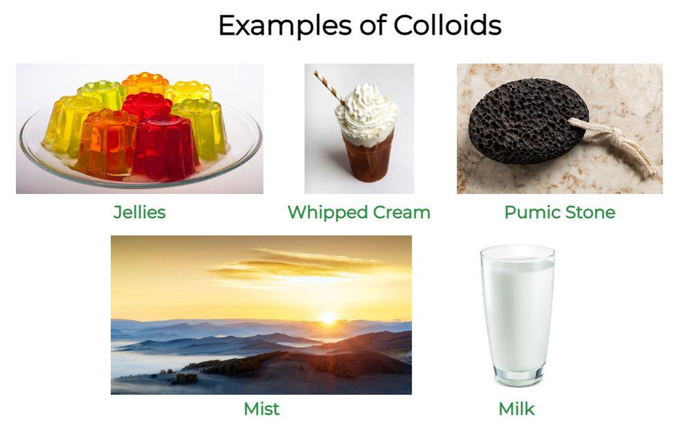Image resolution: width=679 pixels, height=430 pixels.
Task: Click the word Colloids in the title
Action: click(447, 26)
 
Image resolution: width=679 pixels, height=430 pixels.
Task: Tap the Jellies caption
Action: click(139, 212)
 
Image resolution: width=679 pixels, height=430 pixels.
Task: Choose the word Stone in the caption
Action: click(589, 212)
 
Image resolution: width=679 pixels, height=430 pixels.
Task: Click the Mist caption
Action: click(261, 409)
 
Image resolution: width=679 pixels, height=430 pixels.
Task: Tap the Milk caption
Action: click(516, 409)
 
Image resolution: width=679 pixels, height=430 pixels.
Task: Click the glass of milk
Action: click(517, 312)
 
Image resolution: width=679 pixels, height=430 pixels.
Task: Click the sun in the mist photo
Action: click(329, 318)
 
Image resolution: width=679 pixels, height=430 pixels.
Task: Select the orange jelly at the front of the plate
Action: click(107, 142)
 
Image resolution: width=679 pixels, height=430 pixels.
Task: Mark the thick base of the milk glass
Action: click(518, 377)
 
